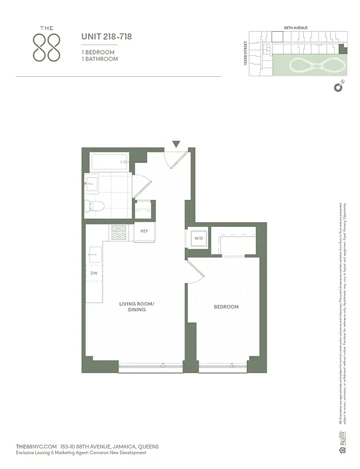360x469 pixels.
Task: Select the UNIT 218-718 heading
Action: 106,37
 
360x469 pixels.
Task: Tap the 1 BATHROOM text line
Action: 99,59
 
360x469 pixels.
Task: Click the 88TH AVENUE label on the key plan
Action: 296,28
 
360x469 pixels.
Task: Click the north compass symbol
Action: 338,88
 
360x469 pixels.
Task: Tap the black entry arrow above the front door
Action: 176,144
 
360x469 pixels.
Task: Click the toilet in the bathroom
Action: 94,206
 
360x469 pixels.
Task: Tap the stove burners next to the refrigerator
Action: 119,232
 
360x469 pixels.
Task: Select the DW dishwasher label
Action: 94,273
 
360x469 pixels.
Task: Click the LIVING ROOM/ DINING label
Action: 136,307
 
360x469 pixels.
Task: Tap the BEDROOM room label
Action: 226,307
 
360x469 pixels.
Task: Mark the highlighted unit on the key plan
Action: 277,36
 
